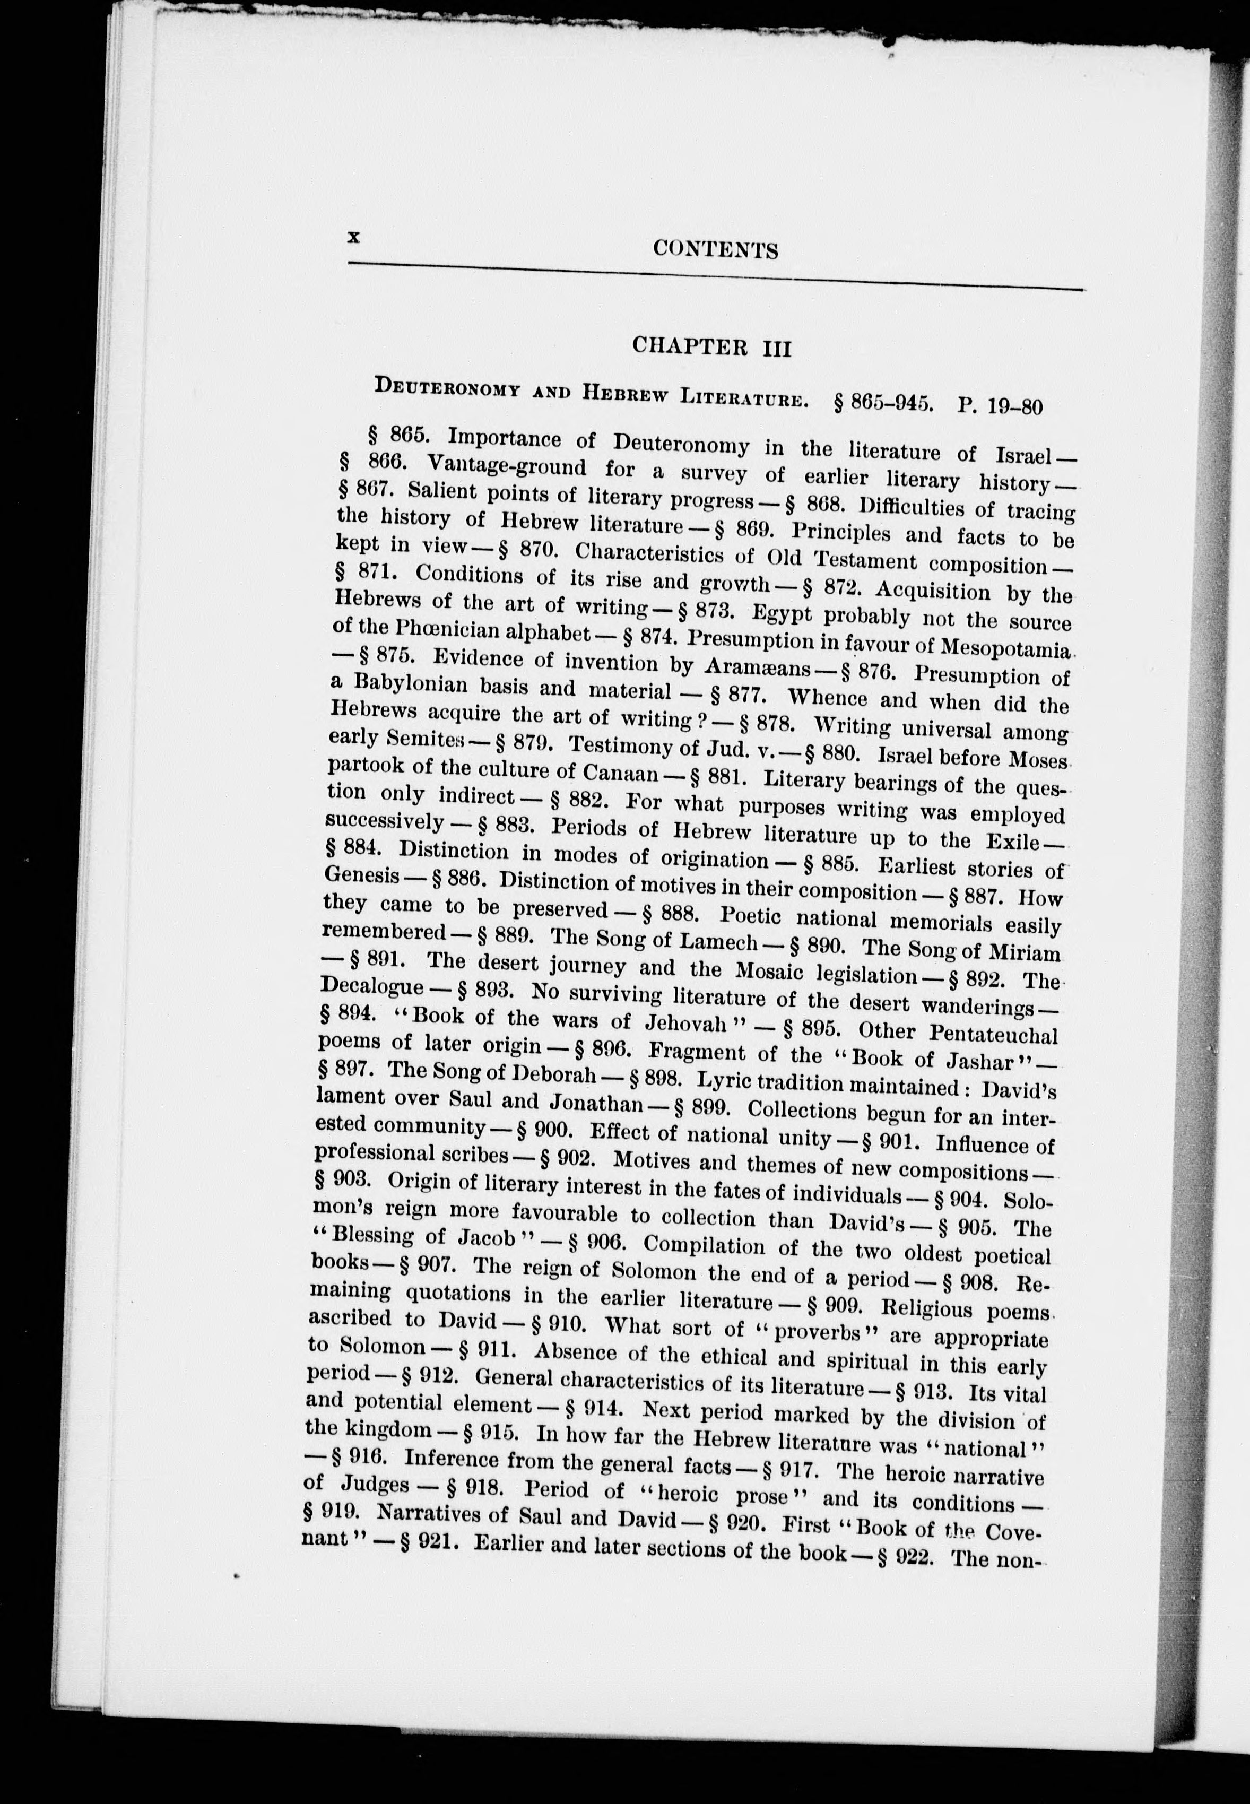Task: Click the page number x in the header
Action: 354,237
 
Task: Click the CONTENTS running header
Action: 715,249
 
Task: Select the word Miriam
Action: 1023,952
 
